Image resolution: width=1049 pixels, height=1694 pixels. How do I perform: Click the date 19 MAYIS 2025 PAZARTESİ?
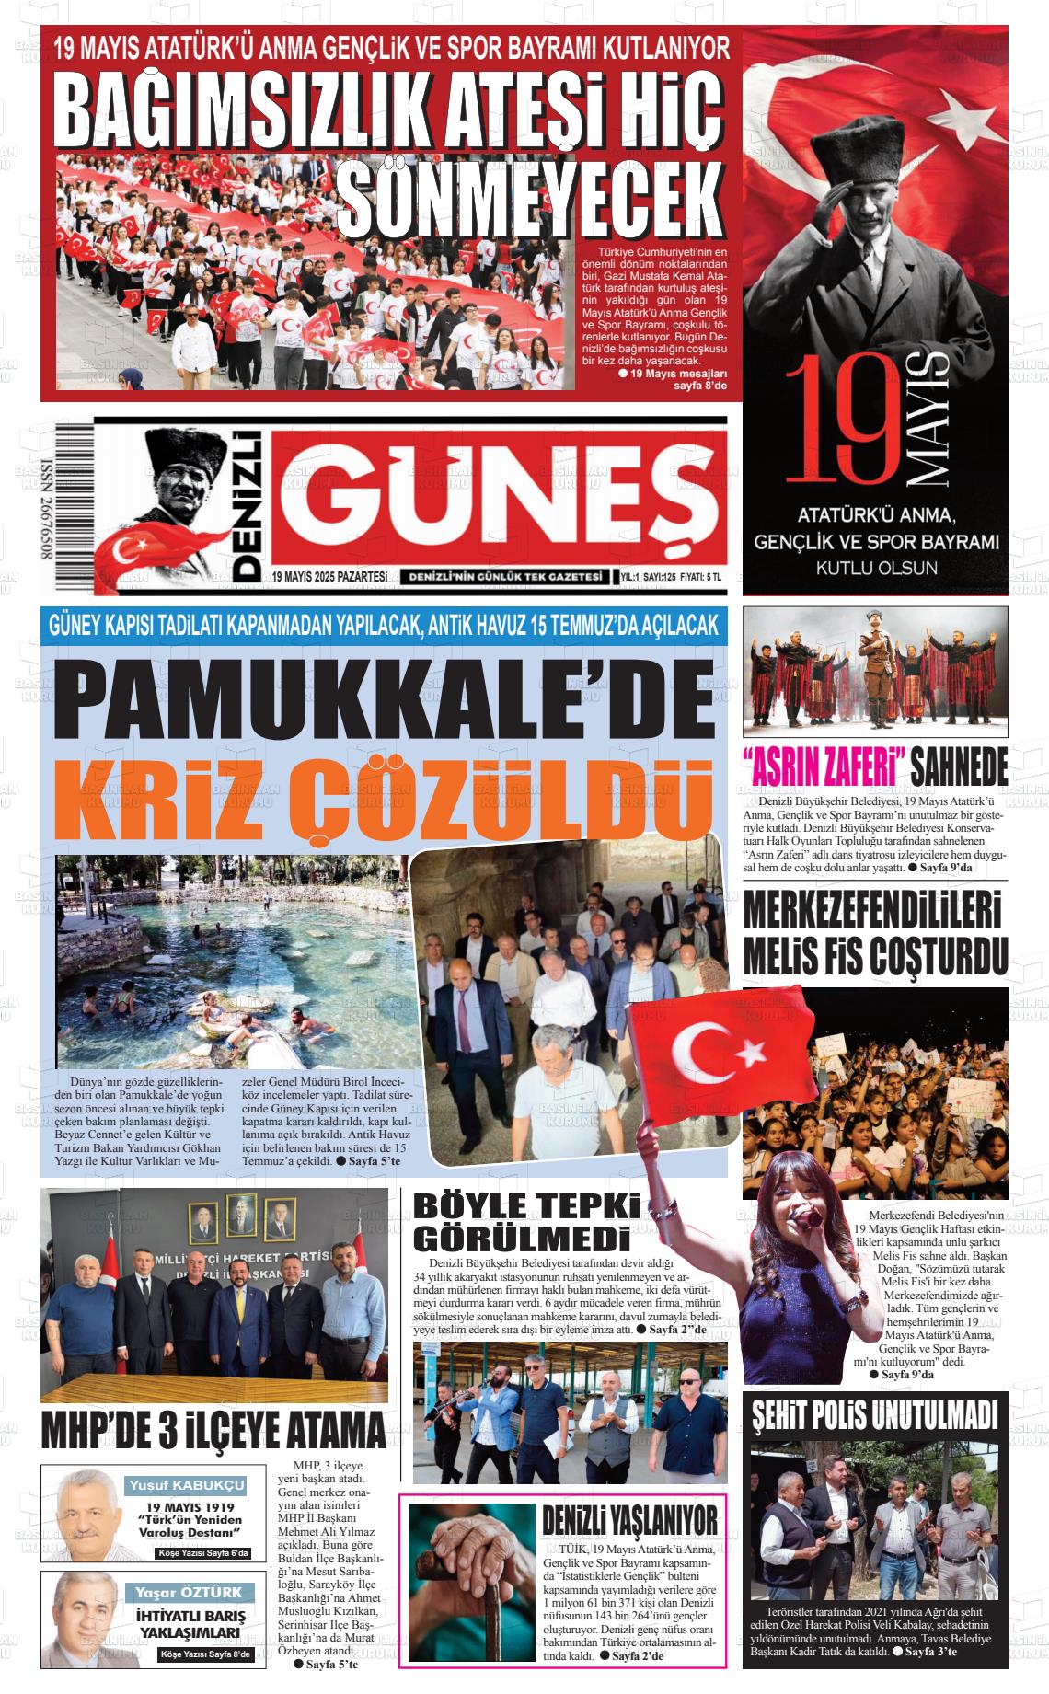pyautogui.click(x=329, y=577)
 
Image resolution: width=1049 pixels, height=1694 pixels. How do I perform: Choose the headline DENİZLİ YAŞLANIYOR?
pyautogui.click(x=629, y=1521)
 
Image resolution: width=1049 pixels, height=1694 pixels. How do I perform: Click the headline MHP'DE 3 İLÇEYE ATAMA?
pyautogui.click(x=213, y=1432)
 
